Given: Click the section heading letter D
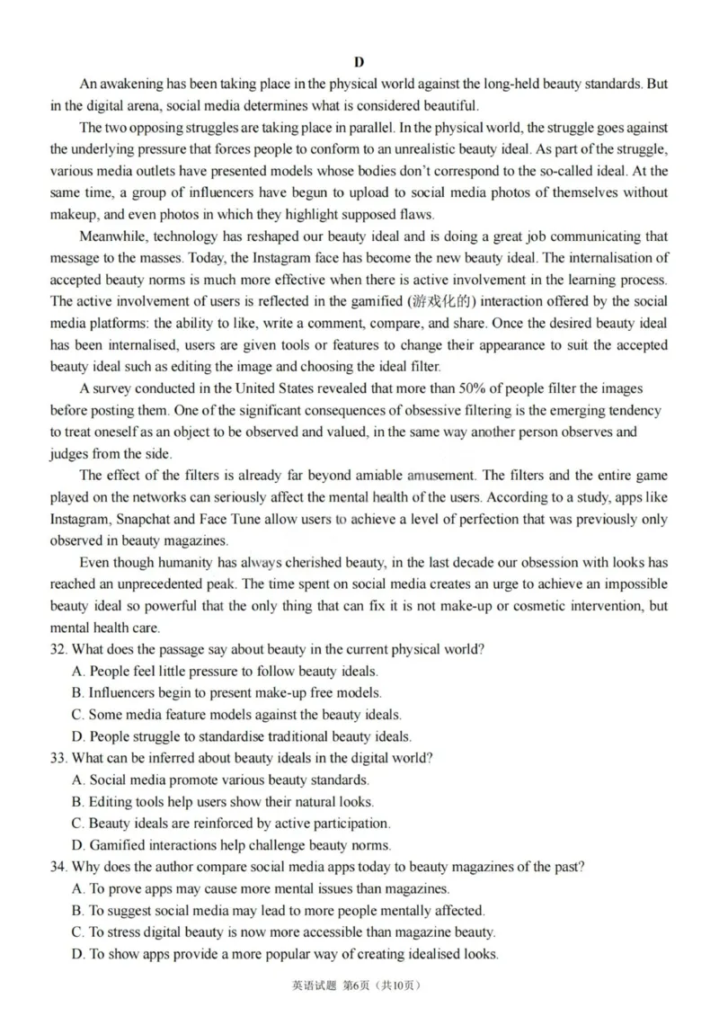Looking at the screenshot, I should point(359,62).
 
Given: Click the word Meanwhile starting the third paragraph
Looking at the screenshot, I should point(111,236).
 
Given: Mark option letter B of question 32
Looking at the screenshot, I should point(76,692).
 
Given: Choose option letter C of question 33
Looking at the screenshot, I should point(76,823).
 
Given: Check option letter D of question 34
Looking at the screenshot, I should point(76,953).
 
